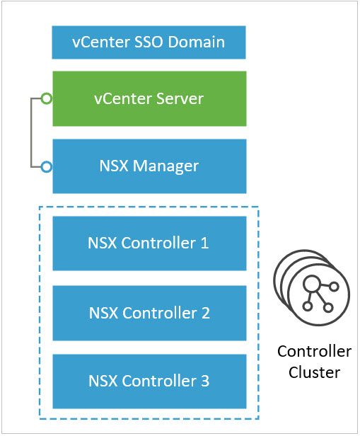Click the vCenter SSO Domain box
point(149,42)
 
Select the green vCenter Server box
point(149,98)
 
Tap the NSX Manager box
point(149,166)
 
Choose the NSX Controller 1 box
point(149,243)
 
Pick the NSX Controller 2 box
point(149,313)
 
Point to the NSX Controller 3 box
point(149,381)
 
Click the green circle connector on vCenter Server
point(47,98)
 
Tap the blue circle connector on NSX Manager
point(47,167)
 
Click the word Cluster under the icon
point(315,372)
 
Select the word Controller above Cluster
point(315,351)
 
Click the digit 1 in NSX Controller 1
point(204,243)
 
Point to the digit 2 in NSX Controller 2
point(206,313)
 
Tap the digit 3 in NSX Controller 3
point(205,381)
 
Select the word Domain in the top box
point(197,42)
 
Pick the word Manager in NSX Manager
point(166,166)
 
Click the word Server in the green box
point(180,98)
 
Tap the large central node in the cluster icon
point(311,284)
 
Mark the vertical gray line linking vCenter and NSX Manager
point(31,132)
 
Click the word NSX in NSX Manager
point(114,166)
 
